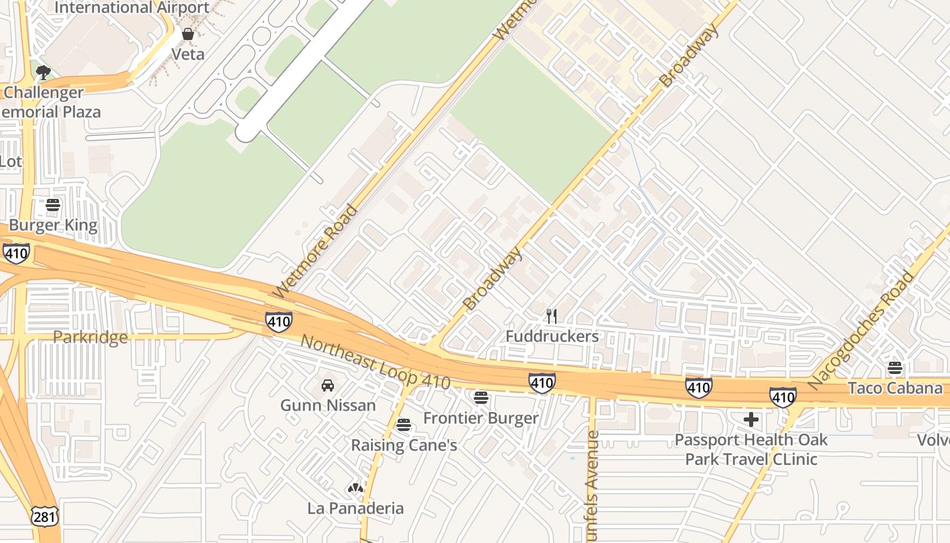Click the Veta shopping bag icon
click(188, 34)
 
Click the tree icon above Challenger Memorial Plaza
click(43, 72)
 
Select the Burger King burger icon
click(53, 204)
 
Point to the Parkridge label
click(90, 337)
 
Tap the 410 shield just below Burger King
click(16, 254)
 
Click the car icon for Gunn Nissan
click(328, 386)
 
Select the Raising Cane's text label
click(404, 445)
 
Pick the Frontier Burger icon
click(481, 398)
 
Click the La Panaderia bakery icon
click(355, 488)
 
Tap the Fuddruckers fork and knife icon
click(552, 316)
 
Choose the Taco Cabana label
click(895, 388)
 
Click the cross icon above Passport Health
click(751, 419)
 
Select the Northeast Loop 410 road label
click(375, 362)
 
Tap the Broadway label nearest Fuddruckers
click(493, 278)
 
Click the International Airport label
click(132, 8)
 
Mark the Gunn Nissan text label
click(328, 405)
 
